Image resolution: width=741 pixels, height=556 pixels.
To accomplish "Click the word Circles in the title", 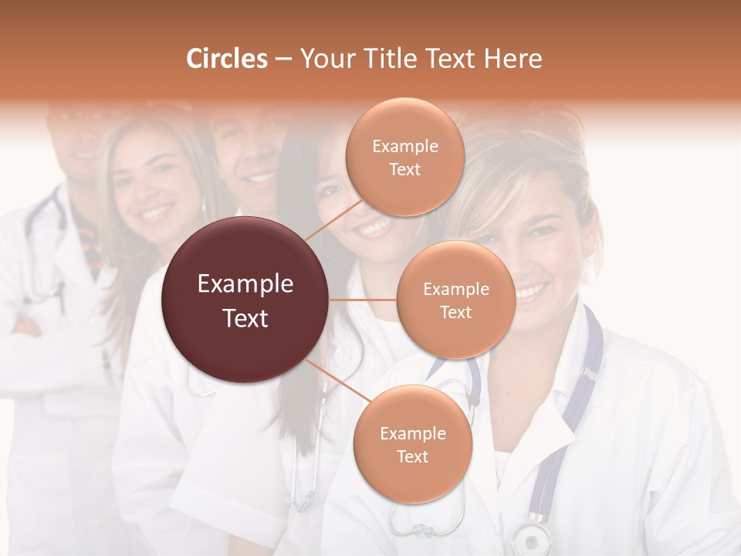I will [227, 59].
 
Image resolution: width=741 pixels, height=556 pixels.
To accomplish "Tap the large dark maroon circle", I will [245, 300].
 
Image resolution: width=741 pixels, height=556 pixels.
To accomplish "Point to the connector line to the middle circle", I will [362, 300].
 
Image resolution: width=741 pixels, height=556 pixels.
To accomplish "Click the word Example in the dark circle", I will [245, 284].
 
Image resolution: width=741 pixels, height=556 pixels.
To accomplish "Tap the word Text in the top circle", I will [404, 169].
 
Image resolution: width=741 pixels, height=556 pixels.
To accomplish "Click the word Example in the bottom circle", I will [412, 434].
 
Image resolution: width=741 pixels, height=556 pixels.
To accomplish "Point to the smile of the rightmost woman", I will [533, 291].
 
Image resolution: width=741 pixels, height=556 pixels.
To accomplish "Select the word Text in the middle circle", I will [455, 312].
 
